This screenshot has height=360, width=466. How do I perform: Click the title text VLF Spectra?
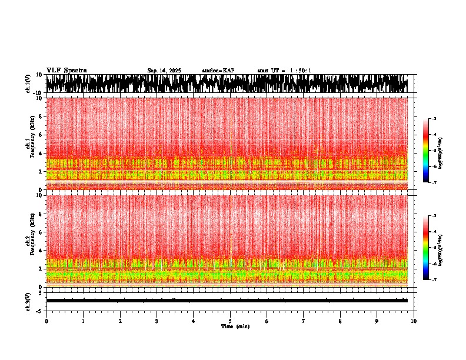[x=66, y=70]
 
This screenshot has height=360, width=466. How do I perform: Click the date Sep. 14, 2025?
[x=164, y=71]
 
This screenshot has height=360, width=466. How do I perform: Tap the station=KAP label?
[x=218, y=71]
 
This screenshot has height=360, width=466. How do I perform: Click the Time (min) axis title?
[x=235, y=326]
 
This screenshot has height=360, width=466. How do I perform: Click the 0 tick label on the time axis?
[x=46, y=321]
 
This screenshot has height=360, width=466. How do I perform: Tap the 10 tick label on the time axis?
[x=414, y=321]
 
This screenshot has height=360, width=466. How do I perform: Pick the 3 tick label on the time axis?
[x=157, y=321]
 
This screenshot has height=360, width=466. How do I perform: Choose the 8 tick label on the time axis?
[x=340, y=321]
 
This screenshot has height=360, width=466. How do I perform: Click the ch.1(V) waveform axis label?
[x=28, y=84]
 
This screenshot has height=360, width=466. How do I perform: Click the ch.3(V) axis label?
[x=28, y=301]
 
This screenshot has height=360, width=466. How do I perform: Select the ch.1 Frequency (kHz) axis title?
[x=29, y=144]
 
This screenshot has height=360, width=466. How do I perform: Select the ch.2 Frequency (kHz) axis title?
[x=29, y=241]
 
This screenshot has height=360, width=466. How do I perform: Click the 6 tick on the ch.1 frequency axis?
[x=40, y=135]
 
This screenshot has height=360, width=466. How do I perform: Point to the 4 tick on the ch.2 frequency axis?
[x=40, y=250]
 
